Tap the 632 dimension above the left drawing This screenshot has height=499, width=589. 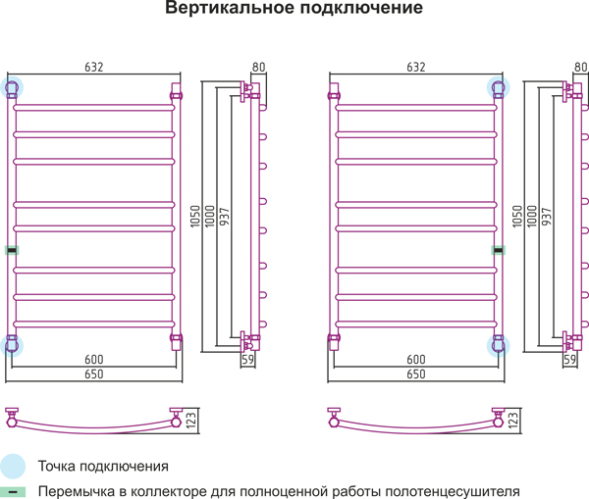94,67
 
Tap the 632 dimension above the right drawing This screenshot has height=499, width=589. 416,67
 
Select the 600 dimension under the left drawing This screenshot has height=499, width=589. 94,360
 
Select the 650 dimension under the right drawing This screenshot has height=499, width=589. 416,374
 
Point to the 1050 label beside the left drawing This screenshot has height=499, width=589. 195,215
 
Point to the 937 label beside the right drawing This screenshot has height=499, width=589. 547,215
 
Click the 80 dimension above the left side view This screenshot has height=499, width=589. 258,67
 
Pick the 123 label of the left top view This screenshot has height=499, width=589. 192,421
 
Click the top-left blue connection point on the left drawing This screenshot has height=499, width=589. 13,87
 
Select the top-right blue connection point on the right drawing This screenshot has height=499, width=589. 500,87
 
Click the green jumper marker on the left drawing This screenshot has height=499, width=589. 12,250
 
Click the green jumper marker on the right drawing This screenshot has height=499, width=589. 499,250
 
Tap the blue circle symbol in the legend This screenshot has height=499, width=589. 13,466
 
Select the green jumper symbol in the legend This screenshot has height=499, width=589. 13,491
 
